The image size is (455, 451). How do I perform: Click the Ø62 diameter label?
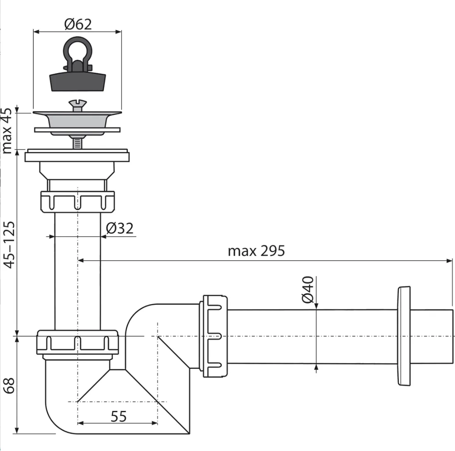pyautogui.click(x=78, y=24)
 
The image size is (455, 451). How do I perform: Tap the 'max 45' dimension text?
pyautogui.click(x=7, y=131)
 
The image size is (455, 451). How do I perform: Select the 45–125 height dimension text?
pyautogui.click(x=9, y=245)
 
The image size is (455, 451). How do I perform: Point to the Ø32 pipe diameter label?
pyautogui.click(x=120, y=228)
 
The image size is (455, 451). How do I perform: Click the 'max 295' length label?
pyautogui.click(x=256, y=251)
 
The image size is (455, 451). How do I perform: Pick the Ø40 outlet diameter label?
pyautogui.click(x=308, y=290)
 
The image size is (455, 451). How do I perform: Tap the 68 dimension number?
pyautogui.click(x=9, y=386)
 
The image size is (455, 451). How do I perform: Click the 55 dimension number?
pyautogui.click(x=119, y=416)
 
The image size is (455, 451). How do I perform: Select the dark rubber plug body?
pyautogui.click(x=78, y=82)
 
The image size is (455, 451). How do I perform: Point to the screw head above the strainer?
pyautogui.click(x=78, y=105)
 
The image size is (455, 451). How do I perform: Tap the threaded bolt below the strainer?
pyautogui.click(x=77, y=143)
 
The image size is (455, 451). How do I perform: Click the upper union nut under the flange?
pyautogui.click(x=78, y=202)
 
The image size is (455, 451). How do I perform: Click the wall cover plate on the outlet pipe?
pyautogui.click(x=404, y=336)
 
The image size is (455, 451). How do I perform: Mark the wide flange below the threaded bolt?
pyautogui.click(x=77, y=155)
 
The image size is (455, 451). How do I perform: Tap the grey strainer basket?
pyautogui.click(x=77, y=123)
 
